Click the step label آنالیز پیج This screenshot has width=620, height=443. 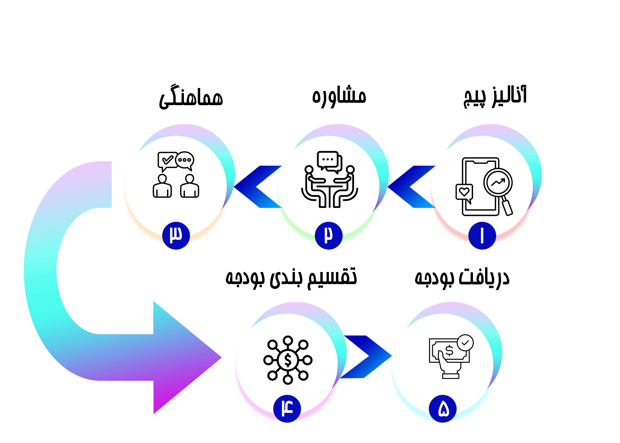pos(495,97)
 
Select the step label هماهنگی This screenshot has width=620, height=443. pos(191,98)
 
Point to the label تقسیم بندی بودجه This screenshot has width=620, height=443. pos(291,278)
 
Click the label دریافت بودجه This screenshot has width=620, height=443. pos(462,278)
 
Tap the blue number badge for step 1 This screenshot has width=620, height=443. pos(482,236)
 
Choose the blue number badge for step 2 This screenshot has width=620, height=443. pos(329,236)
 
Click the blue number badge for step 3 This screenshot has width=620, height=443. pos(176,236)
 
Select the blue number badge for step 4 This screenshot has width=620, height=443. pos(287,409)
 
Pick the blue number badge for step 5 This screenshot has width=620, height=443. pos(443,409)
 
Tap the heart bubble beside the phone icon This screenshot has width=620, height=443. pos(464,192)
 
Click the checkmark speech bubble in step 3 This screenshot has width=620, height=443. pos(167,160)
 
